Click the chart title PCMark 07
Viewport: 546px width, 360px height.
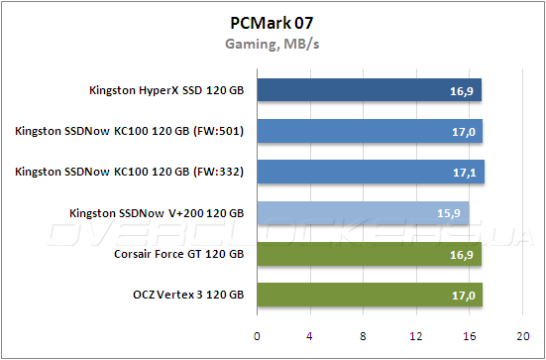pos(273,22)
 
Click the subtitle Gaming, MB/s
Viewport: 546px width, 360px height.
pos(273,44)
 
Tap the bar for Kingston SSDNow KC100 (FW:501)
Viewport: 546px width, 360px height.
pos(370,132)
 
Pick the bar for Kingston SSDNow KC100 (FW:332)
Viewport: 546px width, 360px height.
pos(371,173)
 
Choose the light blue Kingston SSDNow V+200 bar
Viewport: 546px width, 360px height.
pos(363,213)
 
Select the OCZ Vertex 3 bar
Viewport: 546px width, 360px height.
pos(370,295)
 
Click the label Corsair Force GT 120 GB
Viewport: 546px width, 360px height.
pos(179,254)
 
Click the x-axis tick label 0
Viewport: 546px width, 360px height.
pos(257,334)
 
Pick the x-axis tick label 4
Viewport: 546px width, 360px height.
pos(310,334)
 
